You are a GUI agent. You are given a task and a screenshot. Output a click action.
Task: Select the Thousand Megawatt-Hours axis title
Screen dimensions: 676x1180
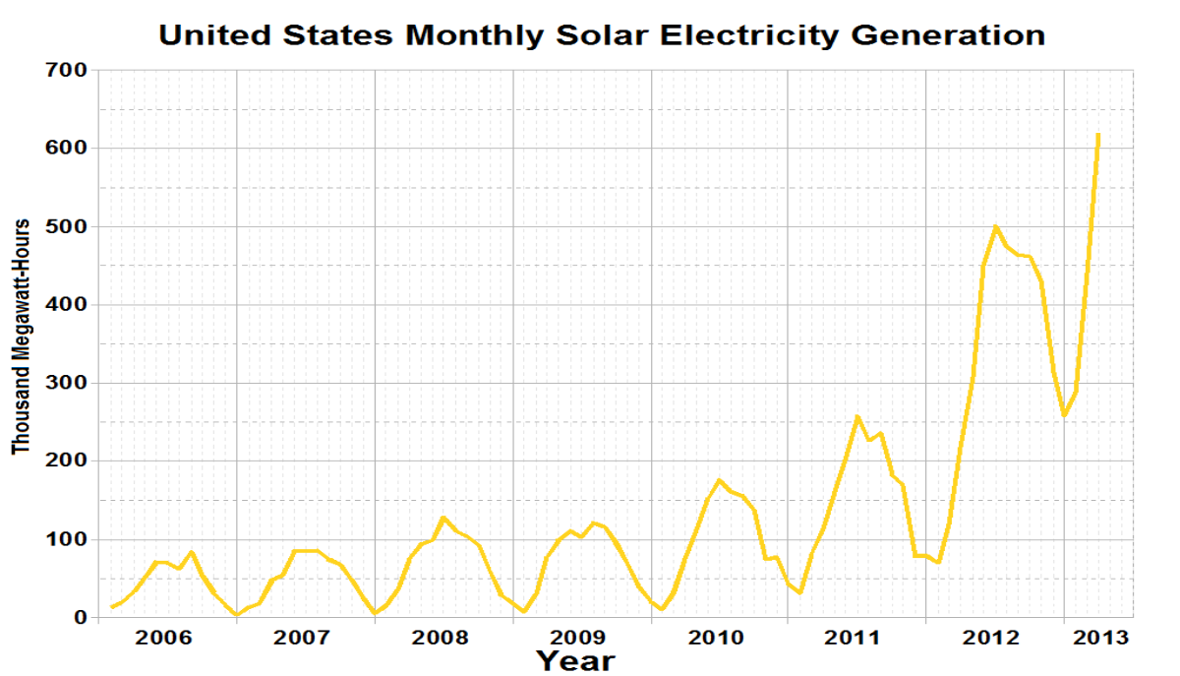[x=22, y=337]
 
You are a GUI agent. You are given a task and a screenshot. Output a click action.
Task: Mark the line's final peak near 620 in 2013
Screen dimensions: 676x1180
[x=1097, y=135]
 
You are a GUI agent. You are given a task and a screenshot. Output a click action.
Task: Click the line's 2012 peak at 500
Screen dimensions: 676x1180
[x=995, y=226]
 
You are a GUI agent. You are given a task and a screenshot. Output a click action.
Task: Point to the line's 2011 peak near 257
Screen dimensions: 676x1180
[x=857, y=416]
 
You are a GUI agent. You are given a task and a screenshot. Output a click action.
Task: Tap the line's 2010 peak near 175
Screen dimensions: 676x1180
[x=719, y=480]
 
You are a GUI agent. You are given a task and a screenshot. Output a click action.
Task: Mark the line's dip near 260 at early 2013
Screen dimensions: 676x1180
[x=1064, y=414]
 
